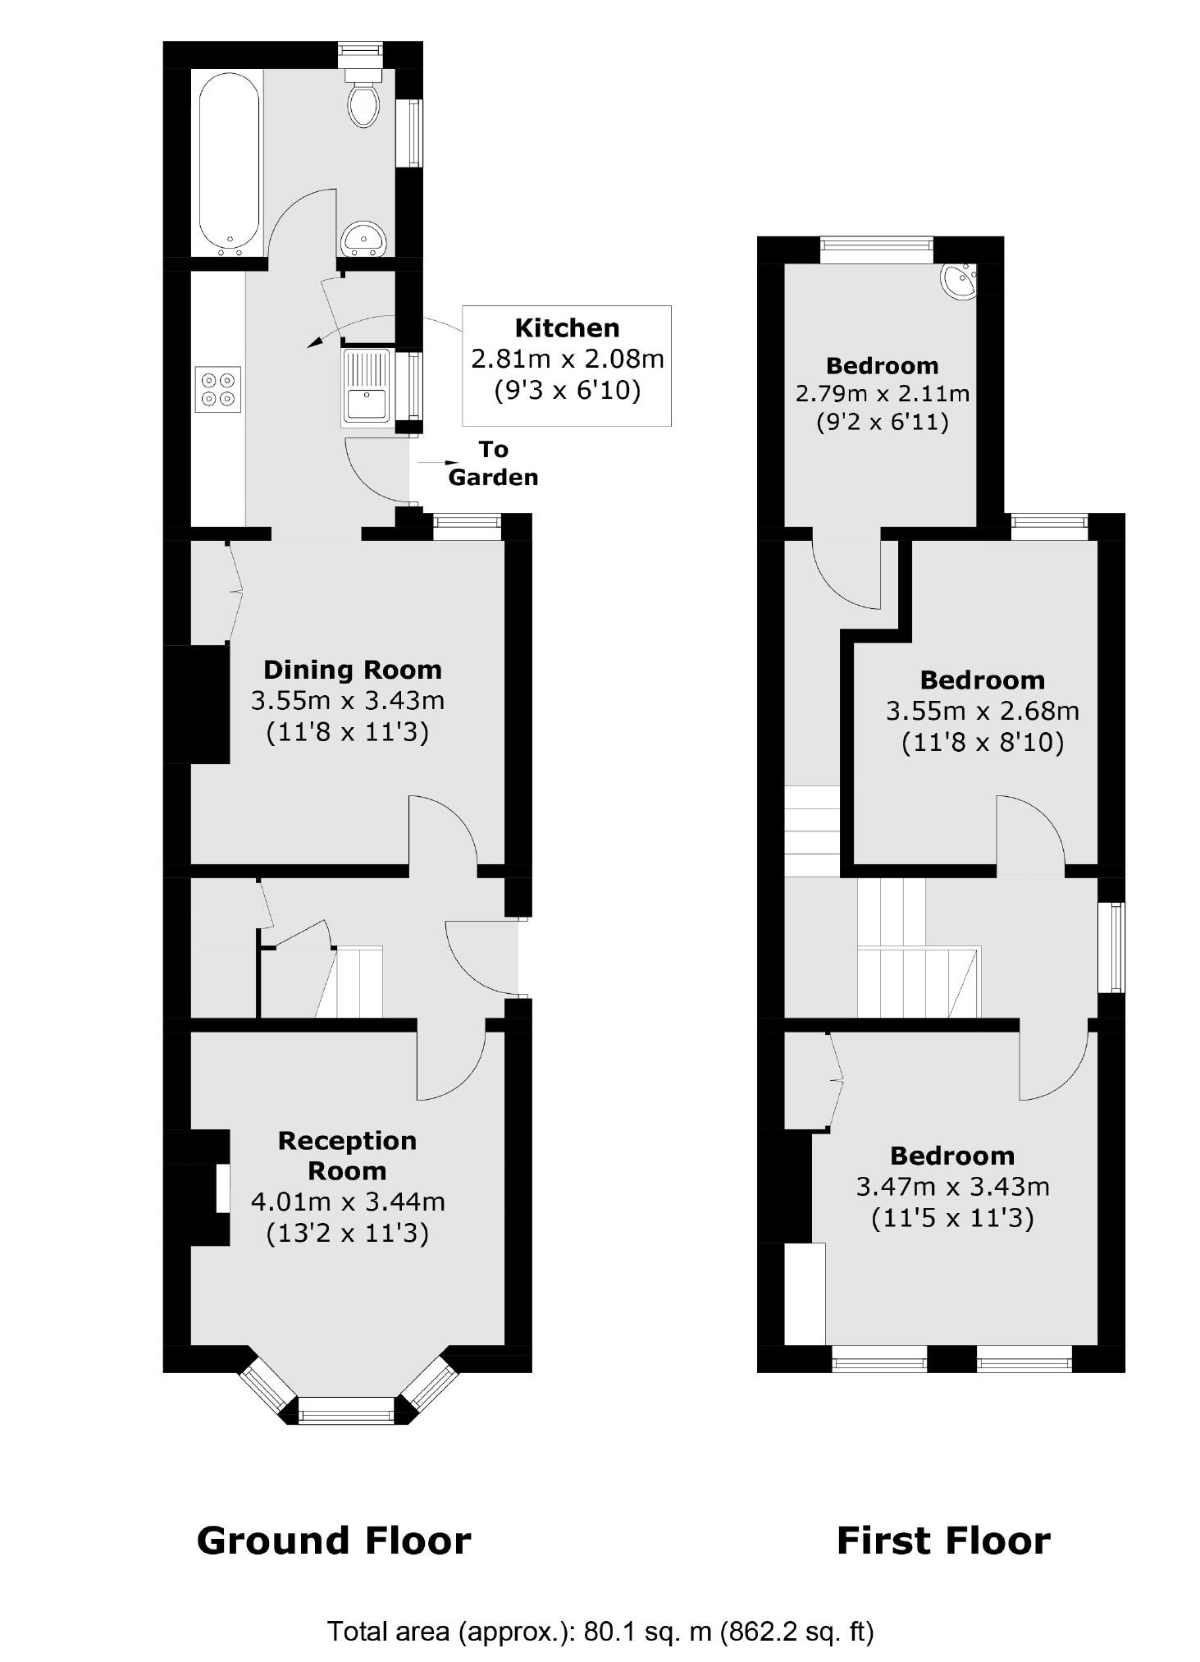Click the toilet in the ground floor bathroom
(363, 101)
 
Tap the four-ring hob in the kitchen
(218, 389)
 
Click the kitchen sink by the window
(366, 387)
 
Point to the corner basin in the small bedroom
(958, 281)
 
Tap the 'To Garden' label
(493, 463)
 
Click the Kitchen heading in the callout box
(567, 328)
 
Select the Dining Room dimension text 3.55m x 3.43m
(348, 700)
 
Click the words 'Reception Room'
(347, 1155)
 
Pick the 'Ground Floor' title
(334, 1541)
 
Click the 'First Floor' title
(943, 1541)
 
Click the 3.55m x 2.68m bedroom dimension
(982, 711)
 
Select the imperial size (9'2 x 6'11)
(883, 422)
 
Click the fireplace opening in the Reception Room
(222, 1188)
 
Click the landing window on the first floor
(1111, 947)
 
